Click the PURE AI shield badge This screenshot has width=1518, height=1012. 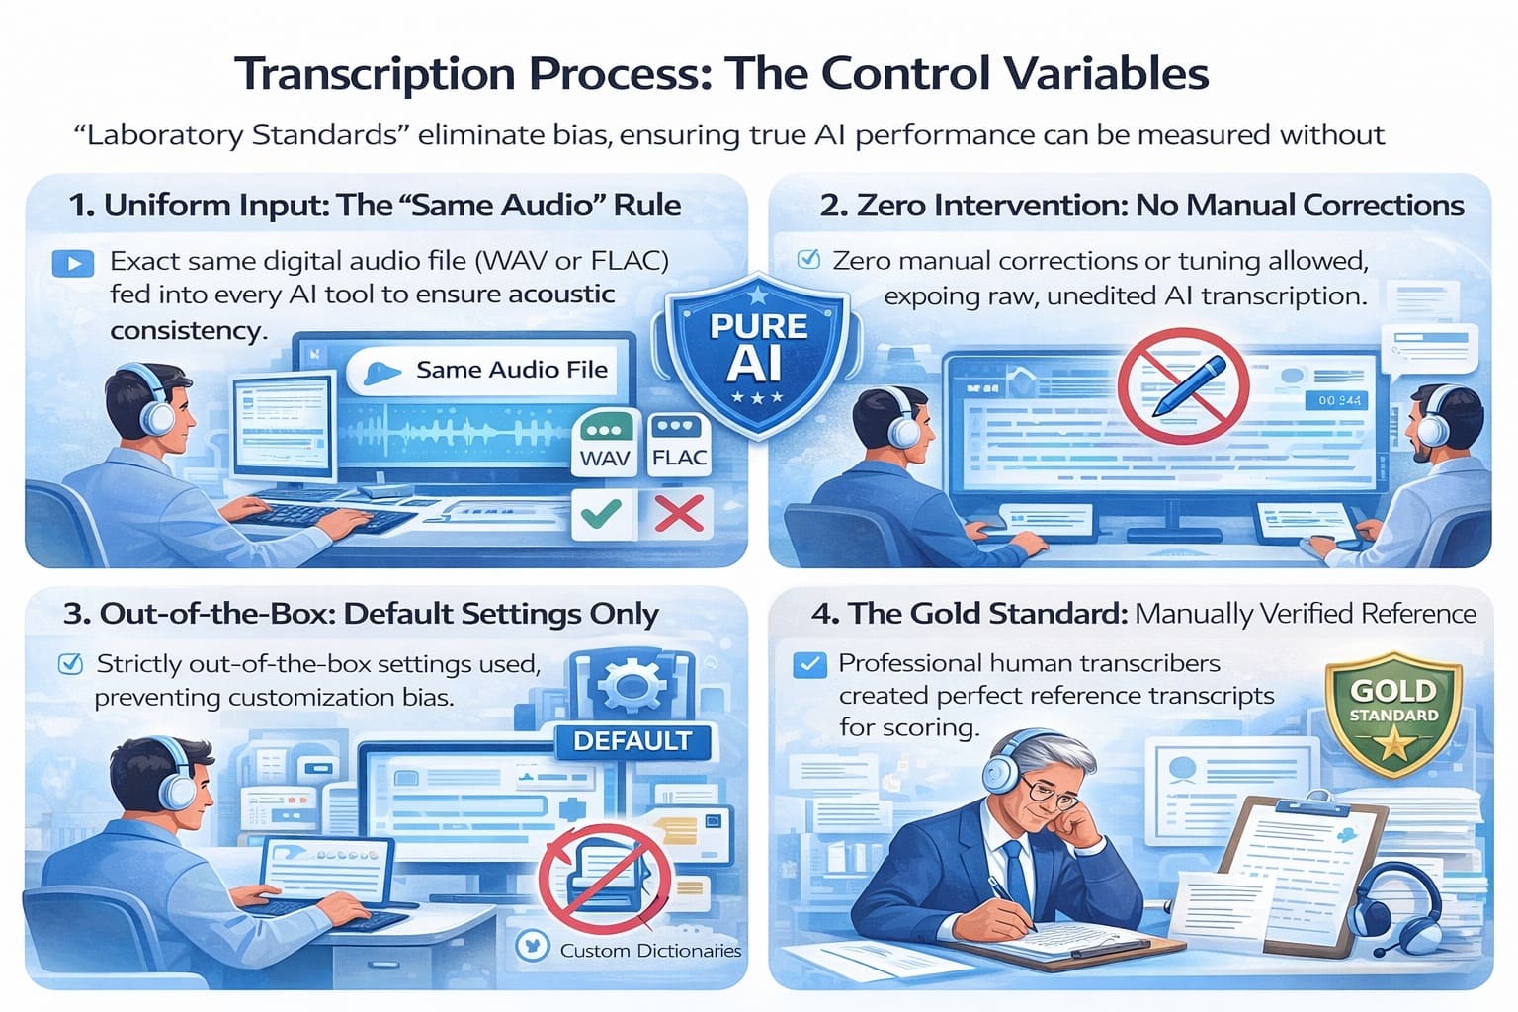[757, 354]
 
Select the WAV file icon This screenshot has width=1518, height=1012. [604, 445]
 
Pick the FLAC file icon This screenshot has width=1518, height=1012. [679, 444]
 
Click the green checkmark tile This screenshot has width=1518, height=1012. [602, 514]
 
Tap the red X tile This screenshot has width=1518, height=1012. [679, 514]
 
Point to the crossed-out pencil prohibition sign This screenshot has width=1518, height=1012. [1182, 386]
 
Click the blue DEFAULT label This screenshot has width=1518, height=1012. [632, 741]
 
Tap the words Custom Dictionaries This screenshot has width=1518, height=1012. [650, 951]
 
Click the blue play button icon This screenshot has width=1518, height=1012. [73, 263]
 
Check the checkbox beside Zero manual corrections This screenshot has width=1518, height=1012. [808, 260]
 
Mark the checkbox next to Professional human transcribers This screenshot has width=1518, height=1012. [809, 664]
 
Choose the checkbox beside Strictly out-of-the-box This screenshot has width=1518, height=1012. [71, 663]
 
